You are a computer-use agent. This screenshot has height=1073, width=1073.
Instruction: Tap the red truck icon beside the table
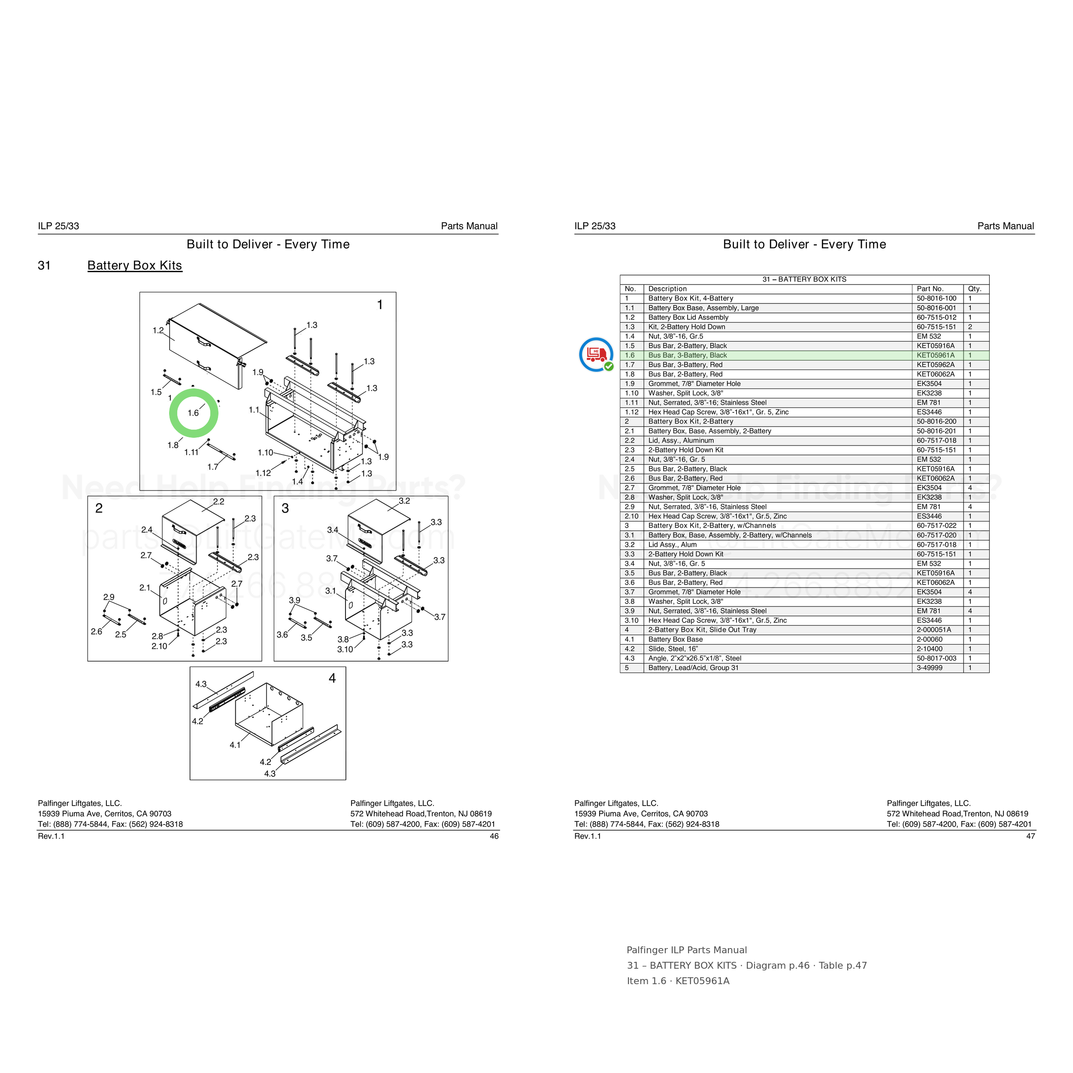point(596,355)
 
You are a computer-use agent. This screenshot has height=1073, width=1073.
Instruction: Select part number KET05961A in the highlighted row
point(935,355)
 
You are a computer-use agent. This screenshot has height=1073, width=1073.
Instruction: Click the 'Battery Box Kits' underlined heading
point(134,266)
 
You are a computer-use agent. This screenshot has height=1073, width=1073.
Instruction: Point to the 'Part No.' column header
point(930,289)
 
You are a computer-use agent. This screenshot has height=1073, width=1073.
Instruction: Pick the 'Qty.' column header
point(975,289)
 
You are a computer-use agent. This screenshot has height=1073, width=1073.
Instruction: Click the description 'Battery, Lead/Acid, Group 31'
point(693,667)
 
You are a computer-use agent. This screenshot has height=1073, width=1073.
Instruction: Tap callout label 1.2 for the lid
point(158,330)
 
